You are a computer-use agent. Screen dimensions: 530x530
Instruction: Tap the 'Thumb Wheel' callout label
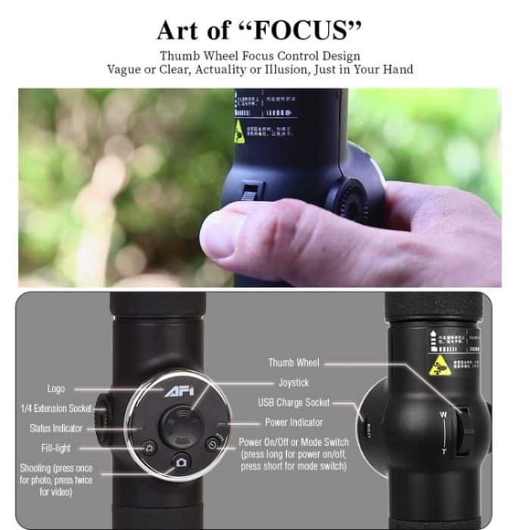coord(292,363)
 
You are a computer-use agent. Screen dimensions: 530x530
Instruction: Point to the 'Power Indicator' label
coord(294,422)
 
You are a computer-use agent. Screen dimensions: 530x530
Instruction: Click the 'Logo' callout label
coord(56,389)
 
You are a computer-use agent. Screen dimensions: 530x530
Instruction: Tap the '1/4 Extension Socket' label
coord(55,408)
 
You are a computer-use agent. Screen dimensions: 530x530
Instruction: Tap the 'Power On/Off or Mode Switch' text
coord(294,442)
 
